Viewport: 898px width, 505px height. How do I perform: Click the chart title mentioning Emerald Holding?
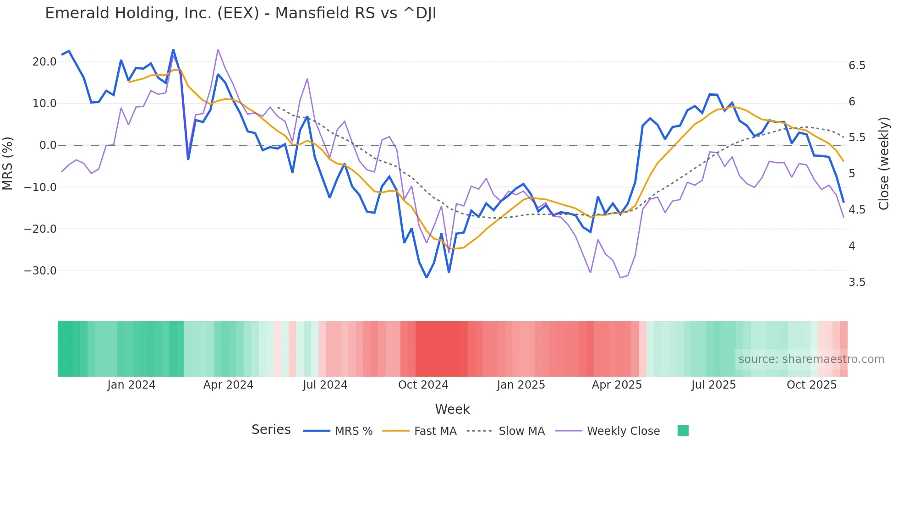coord(241,13)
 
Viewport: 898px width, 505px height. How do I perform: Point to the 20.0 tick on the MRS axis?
coord(44,62)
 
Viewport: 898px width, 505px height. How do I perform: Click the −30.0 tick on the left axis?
coord(40,270)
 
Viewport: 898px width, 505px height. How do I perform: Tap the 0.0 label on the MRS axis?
coord(48,145)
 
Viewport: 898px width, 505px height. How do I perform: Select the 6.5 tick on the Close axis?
coord(857,66)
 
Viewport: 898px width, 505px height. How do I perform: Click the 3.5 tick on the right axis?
coord(857,282)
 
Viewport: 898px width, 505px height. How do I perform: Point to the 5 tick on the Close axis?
coord(852,174)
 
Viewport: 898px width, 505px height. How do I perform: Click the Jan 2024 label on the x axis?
coord(131,385)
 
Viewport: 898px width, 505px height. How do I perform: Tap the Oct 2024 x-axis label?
coord(423,385)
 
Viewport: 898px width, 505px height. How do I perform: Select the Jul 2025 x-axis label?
coord(713,385)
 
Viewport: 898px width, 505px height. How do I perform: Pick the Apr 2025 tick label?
coord(617,385)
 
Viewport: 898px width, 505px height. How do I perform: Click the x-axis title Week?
coord(452,409)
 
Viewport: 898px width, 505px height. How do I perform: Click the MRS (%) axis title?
coord(8,163)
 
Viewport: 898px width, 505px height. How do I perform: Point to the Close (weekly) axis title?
coord(884,164)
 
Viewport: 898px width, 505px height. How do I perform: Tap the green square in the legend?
coord(683,431)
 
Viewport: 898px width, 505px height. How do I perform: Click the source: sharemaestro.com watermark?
coord(811,359)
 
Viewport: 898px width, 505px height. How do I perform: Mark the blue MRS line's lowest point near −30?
coord(427,277)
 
